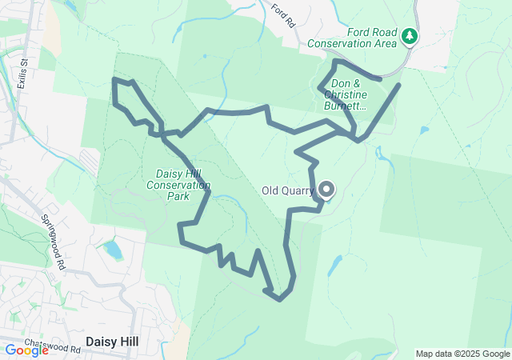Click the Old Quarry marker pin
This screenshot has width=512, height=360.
(326, 190)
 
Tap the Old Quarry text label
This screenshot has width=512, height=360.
(290, 191)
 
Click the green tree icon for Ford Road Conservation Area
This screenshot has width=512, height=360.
(410, 36)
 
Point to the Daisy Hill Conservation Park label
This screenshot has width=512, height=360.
(178, 185)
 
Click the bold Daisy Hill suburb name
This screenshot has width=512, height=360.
(111, 342)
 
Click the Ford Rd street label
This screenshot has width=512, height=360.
(284, 16)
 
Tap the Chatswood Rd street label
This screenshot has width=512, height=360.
(53, 346)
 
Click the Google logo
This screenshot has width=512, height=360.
(26, 350)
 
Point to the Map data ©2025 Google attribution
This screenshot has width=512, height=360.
(462, 354)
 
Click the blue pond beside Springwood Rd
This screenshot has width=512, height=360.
(113, 250)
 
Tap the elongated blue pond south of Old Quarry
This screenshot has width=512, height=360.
(334, 265)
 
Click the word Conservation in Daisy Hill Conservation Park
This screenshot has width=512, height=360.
(178, 185)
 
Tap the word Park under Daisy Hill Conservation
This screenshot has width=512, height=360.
(178, 196)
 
